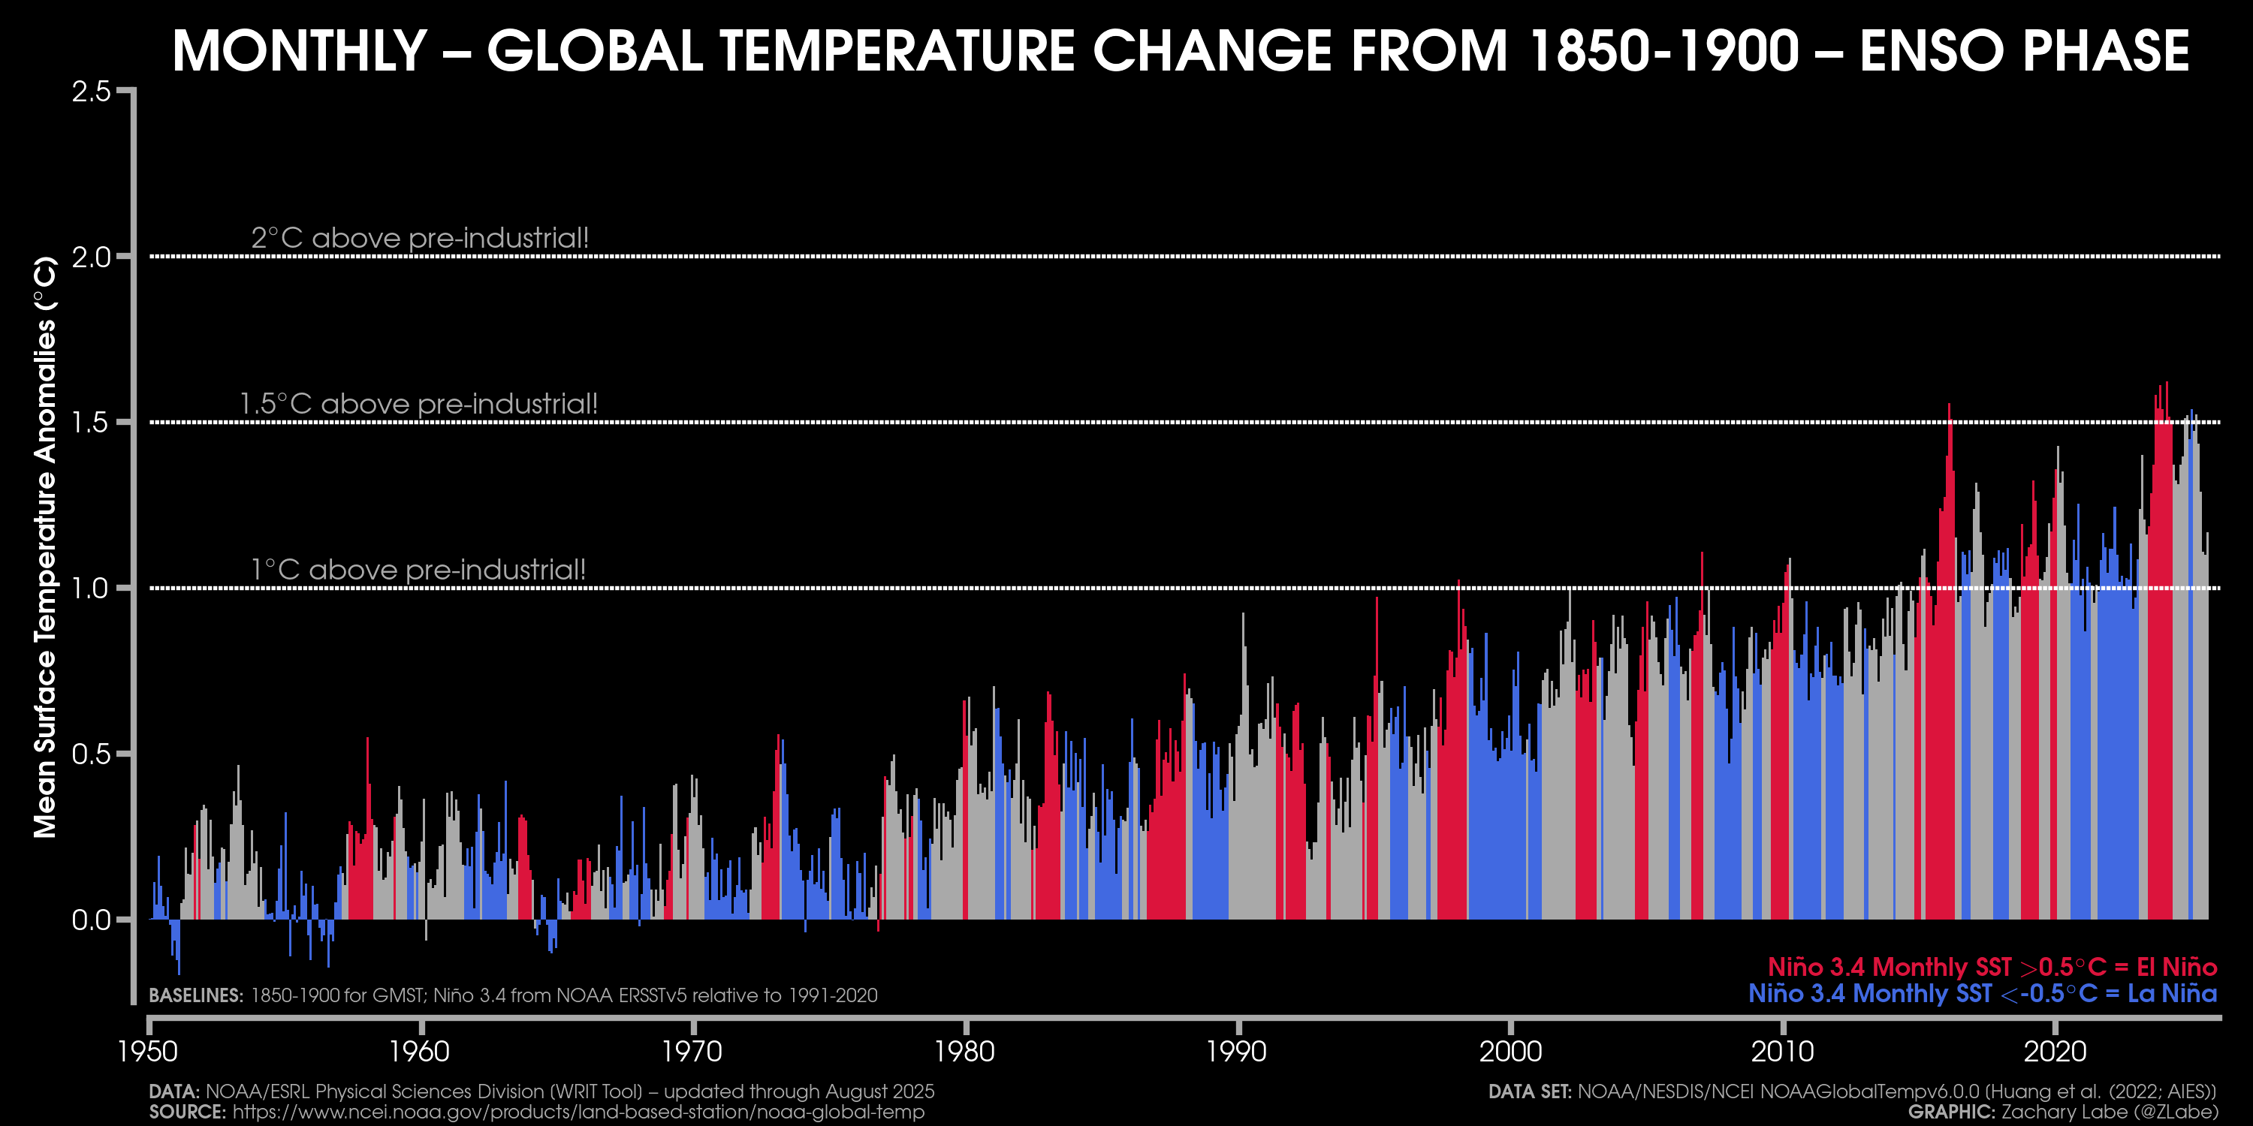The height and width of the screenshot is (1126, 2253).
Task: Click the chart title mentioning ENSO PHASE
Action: (x=1180, y=51)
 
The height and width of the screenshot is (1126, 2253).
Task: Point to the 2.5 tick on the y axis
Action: (x=91, y=91)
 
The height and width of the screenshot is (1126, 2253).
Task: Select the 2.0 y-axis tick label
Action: (x=91, y=257)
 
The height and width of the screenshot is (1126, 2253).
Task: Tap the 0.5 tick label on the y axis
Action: (x=91, y=754)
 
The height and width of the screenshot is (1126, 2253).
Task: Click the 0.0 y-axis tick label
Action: (x=91, y=920)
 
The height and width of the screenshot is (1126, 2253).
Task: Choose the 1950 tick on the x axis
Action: (x=148, y=1051)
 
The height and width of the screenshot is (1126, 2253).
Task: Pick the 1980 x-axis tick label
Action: (x=965, y=1051)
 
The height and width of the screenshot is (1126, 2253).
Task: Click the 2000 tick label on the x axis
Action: (x=1510, y=1051)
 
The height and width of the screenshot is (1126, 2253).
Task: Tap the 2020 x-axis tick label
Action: (x=2055, y=1051)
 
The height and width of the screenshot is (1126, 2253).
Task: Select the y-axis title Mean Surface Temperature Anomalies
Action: (x=46, y=547)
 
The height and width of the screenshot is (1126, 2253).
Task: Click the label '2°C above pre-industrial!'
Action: (x=420, y=238)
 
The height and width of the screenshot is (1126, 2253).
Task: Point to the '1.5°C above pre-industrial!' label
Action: (x=418, y=404)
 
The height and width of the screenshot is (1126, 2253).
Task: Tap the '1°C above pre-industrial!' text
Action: (x=418, y=570)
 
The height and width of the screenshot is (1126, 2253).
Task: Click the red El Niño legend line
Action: (x=1992, y=967)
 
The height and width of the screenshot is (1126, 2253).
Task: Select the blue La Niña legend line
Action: (x=1982, y=994)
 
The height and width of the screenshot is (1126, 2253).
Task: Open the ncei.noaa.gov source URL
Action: (x=578, y=1112)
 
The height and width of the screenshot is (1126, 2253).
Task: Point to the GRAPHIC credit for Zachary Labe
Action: (x=2062, y=1112)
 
